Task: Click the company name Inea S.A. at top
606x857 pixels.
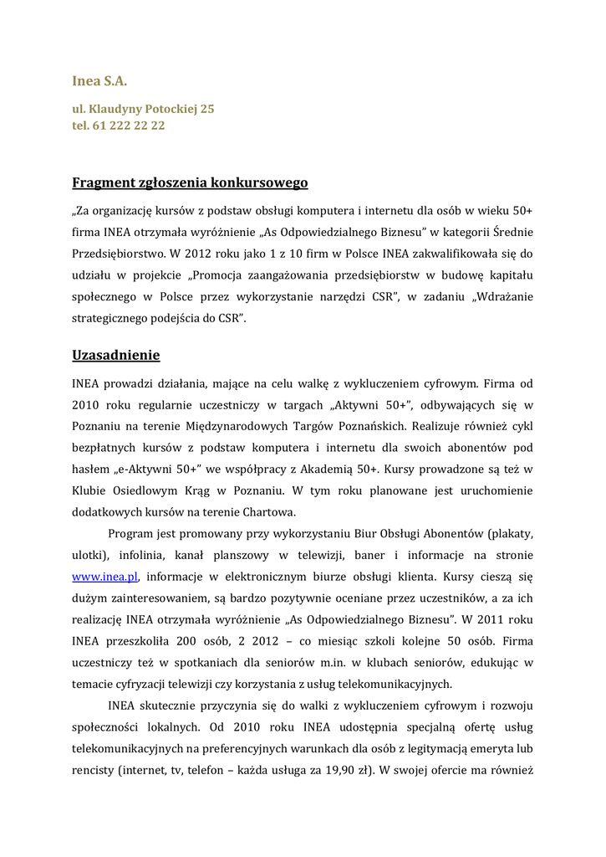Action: [99, 81]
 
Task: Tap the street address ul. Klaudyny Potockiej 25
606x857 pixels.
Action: [143, 109]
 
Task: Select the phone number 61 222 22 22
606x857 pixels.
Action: [128, 126]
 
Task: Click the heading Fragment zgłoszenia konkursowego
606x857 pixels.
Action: [190, 182]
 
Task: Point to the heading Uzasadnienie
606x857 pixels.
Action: [116, 355]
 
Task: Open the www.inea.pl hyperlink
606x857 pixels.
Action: [104, 577]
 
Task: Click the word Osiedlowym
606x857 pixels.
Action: [146, 490]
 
